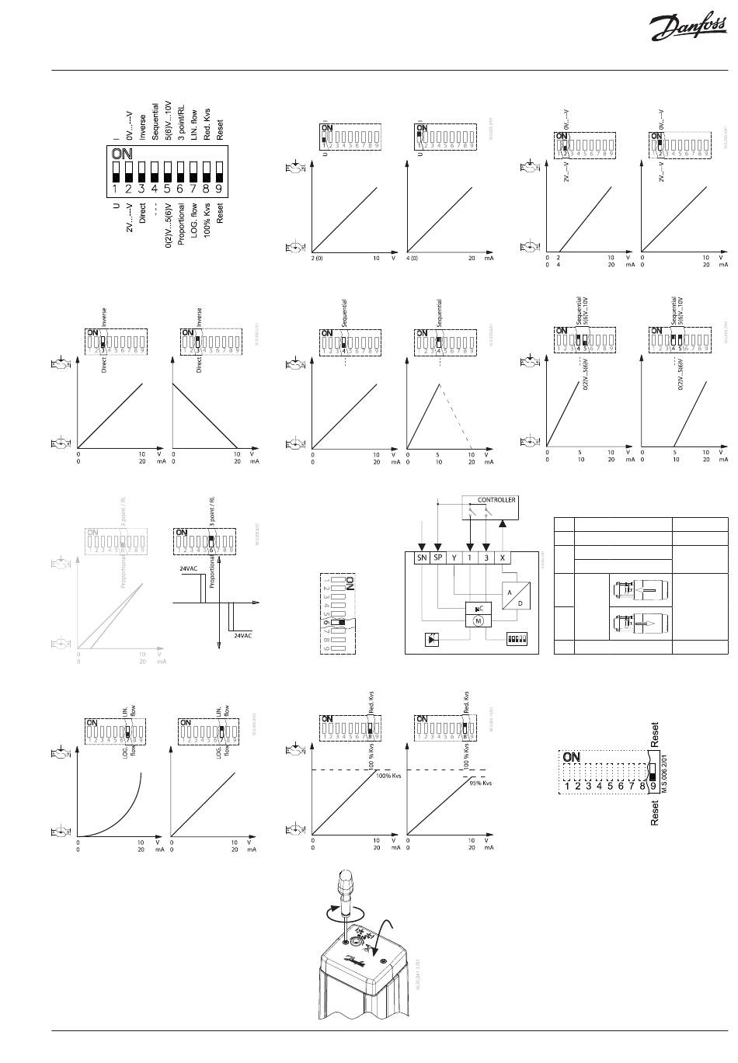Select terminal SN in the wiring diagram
(422, 558)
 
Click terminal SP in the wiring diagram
(439, 558)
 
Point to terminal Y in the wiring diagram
(454, 558)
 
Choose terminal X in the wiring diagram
(503, 558)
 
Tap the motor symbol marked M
(479, 620)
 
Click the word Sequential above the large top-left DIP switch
(155, 120)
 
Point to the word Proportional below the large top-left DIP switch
(182, 224)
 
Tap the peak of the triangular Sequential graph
(439, 384)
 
